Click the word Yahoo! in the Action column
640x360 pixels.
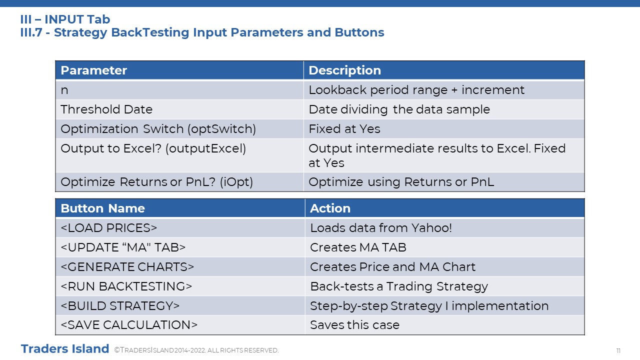tap(431, 228)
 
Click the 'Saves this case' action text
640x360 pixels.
tap(355, 325)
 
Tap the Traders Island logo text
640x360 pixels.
tap(65, 349)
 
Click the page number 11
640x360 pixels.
tap(618, 350)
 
